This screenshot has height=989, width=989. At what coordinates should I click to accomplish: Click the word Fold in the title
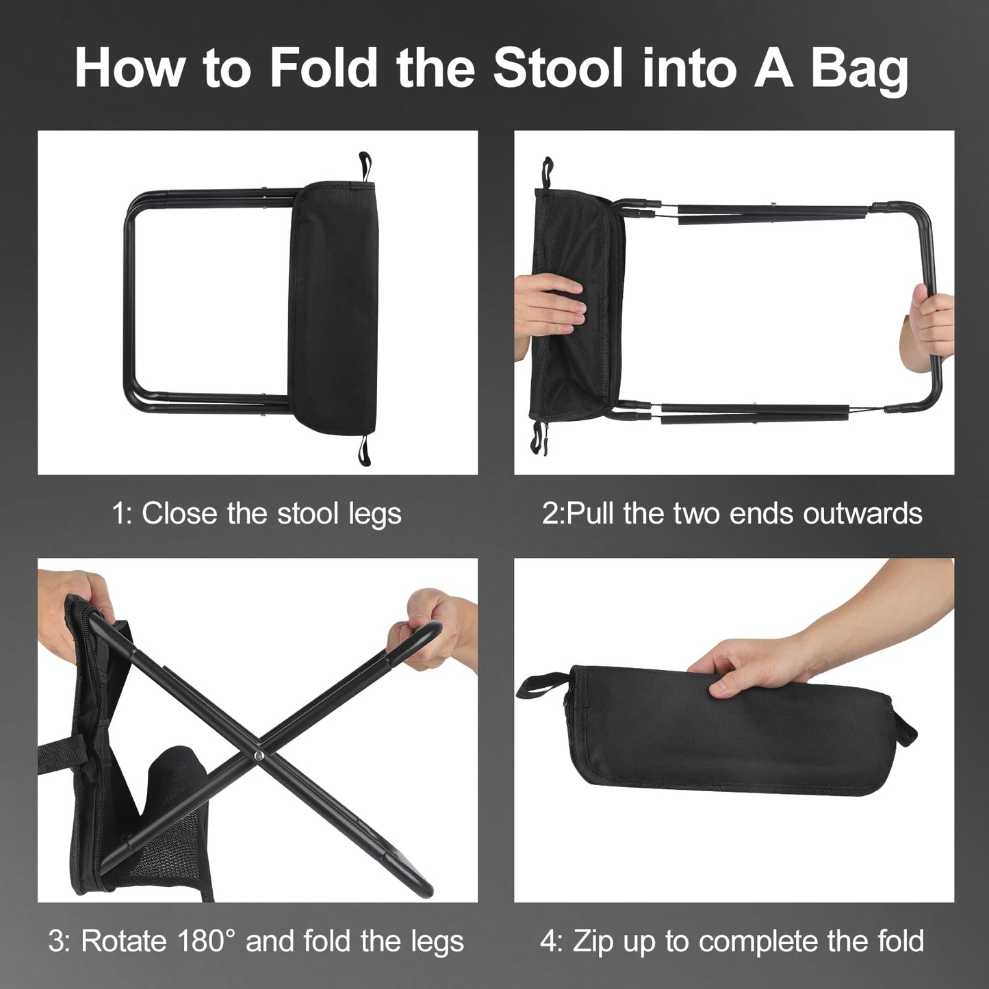324,68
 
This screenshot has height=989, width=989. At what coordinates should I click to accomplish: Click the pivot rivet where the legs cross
259,755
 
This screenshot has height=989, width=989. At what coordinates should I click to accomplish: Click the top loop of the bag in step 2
547,171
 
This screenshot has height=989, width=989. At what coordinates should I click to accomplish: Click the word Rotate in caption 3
123,941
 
